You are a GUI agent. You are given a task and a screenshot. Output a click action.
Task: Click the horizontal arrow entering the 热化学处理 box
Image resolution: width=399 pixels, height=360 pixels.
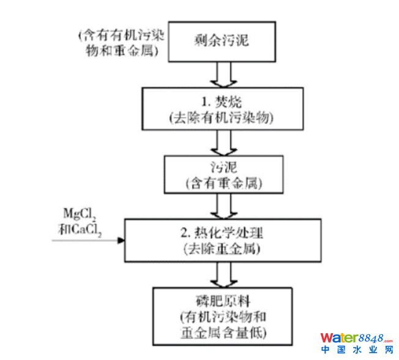click(x=89, y=240)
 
